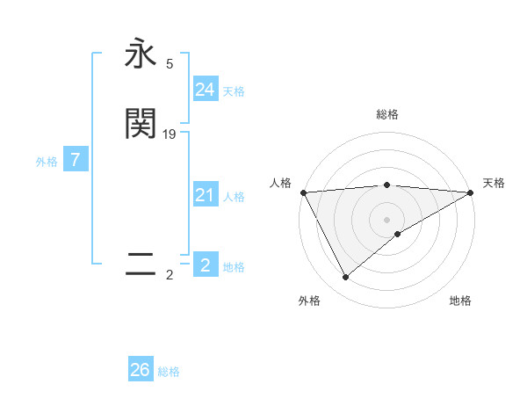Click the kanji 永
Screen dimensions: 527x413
pos(141,54)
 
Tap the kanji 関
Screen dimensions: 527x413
pos(141,124)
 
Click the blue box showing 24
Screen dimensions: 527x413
pos(205,90)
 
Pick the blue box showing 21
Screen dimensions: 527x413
pos(205,196)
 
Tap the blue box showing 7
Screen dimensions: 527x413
pos(76,161)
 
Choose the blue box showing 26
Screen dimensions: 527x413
pos(141,370)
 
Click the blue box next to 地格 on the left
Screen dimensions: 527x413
pos(205,265)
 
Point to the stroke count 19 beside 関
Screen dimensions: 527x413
pos(170,134)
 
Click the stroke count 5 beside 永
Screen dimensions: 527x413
pos(170,64)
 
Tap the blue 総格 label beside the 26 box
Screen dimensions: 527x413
pos(169,372)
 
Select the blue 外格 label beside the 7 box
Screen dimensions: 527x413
pos(47,162)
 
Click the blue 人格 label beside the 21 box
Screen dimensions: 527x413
pos(235,197)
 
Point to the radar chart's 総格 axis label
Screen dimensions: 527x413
pos(387,114)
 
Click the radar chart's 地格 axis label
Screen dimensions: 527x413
pos(460,301)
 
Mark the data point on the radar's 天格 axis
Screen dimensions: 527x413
pos(472,192)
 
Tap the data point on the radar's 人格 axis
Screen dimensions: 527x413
pos(303,192)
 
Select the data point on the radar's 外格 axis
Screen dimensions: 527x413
pos(345,278)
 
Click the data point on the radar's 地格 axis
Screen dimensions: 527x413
pos(398,234)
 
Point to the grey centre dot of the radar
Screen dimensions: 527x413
pos(387,220)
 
